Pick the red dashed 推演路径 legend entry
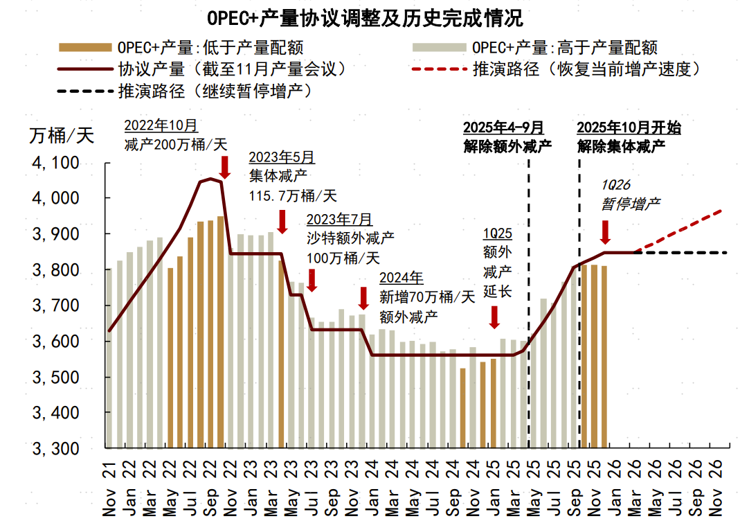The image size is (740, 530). pyautogui.click(x=557, y=69)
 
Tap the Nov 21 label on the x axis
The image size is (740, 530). pyautogui.click(x=110, y=489)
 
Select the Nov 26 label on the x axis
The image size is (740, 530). pyautogui.click(x=719, y=489)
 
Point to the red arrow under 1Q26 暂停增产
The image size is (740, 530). pyautogui.click(x=605, y=232)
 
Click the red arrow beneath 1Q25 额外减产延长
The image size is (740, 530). pyautogui.click(x=494, y=317)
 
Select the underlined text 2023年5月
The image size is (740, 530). pyautogui.click(x=281, y=157)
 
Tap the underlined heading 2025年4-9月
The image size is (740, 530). pyautogui.click(x=503, y=127)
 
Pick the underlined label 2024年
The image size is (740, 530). pyautogui.click(x=401, y=279)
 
